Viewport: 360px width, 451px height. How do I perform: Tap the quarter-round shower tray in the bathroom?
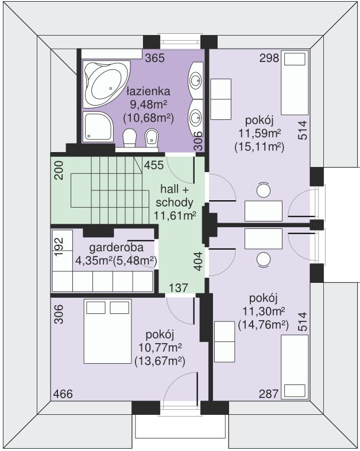point(98,126)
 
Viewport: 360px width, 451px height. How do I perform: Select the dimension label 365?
point(155,58)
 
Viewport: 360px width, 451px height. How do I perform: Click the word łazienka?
point(149,91)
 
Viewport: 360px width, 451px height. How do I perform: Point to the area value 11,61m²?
point(175,215)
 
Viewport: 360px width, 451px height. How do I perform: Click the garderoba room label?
point(116,247)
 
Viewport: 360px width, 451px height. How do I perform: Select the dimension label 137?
point(179,287)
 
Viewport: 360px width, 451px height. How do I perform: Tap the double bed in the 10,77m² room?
point(107,331)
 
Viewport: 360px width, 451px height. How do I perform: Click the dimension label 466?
point(63,394)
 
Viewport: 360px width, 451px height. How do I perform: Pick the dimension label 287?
point(269,394)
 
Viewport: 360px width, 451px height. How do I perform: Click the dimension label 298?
point(269,58)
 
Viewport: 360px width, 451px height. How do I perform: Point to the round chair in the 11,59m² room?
point(264,190)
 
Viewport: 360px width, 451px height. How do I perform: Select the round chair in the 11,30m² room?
point(264,259)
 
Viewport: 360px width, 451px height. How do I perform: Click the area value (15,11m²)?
point(260,147)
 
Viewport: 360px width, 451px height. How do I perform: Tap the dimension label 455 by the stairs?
point(154,165)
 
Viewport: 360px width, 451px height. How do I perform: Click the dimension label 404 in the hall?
point(198,261)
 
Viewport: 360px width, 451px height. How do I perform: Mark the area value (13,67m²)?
point(160,361)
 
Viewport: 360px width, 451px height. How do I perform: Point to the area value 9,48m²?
point(149,104)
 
